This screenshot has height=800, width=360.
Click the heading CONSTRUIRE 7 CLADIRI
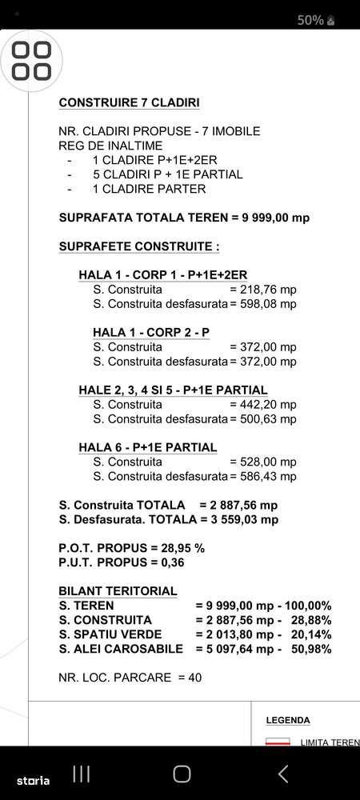click(129, 102)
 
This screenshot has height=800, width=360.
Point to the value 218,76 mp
click(263, 289)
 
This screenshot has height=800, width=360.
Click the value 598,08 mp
click(263, 303)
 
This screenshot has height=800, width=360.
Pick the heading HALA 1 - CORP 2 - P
click(151, 332)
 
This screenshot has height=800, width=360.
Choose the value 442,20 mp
click(263, 404)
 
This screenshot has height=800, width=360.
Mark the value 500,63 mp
click(263, 418)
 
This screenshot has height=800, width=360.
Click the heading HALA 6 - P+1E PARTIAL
click(147, 447)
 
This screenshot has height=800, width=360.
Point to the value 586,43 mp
click(263, 476)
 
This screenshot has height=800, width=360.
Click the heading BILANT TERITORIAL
click(118, 591)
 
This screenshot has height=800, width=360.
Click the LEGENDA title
click(287, 720)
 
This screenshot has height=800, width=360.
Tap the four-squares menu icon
click(32, 61)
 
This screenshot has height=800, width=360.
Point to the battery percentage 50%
click(310, 20)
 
